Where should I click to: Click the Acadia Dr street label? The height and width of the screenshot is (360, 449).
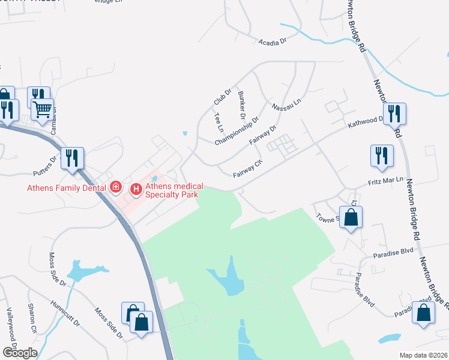273,42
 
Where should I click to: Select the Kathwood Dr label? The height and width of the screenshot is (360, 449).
366,122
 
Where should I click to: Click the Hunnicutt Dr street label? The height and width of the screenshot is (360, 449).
65,313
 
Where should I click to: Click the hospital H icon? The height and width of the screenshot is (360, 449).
136,190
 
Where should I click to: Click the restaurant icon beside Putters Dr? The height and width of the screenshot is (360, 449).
73,158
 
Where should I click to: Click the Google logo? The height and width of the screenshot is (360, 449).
20,353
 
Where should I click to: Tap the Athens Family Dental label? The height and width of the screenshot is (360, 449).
66,188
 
